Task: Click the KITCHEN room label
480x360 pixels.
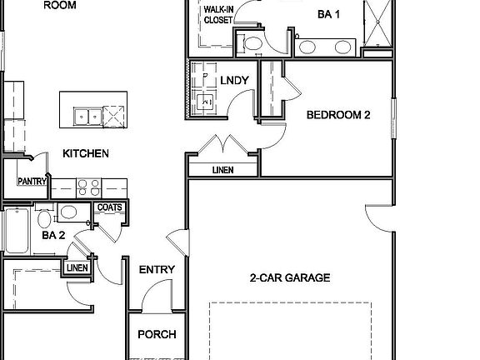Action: pyautogui.click(x=86, y=153)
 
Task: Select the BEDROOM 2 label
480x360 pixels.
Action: pyautogui.click(x=338, y=116)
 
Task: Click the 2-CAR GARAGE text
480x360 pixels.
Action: pyautogui.click(x=290, y=277)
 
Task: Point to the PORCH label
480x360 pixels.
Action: pyautogui.click(x=157, y=335)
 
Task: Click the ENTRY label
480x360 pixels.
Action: pyautogui.click(x=157, y=269)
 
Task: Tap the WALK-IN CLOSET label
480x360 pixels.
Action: pyautogui.click(x=218, y=14)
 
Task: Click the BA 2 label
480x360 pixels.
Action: pyautogui.click(x=53, y=236)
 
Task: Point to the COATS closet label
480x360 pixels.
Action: pyautogui.click(x=110, y=207)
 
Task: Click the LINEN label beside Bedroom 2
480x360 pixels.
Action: pyautogui.click(x=222, y=170)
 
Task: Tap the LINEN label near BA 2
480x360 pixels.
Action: pyautogui.click(x=77, y=267)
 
